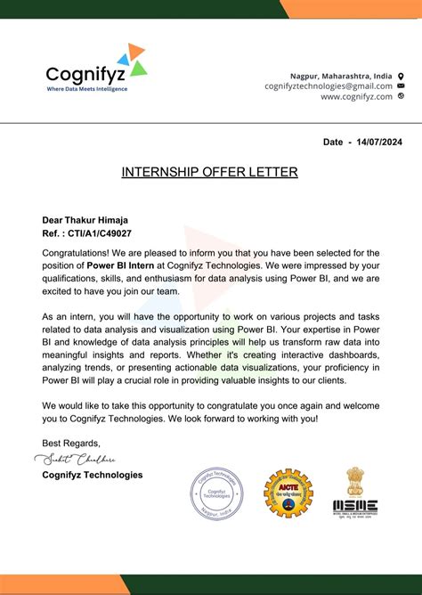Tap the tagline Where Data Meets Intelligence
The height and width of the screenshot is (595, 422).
pyautogui.click(x=87, y=89)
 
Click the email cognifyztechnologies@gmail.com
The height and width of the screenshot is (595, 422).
pyautogui.click(x=328, y=86)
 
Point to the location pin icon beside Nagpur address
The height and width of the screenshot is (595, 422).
pyautogui.click(x=402, y=76)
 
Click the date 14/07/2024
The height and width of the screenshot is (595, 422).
pyautogui.click(x=377, y=142)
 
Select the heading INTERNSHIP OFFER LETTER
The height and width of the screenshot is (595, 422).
pyautogui.click(x=210, y=172)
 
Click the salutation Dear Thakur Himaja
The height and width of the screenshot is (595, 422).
pyautogui.click(x=85, y=219)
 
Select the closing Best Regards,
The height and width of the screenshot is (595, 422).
pyautogui.click(x=71, y=443)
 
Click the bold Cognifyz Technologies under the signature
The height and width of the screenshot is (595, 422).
pyautogui.click(x=93, y=475)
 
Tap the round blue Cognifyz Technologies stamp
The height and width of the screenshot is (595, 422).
pyautogui.click(x=217, y=496)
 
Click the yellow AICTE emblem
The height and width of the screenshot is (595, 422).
pyautogui.click(x=288, y=493)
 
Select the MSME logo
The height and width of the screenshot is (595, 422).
pyautogui.click(x=354, y=507)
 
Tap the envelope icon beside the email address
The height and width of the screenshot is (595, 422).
pyautogui.click(x=402, y=86)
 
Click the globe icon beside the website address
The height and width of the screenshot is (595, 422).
pyautogui.click(x=402, y=96)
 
